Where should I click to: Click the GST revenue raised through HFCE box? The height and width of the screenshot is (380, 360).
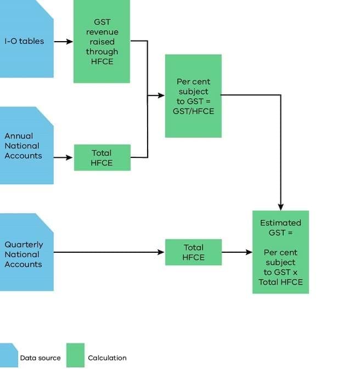click(x=102, y=42)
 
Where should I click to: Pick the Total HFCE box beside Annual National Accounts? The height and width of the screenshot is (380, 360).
click(x=102, y=158)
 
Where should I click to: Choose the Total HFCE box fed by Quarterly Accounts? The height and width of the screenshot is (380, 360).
click(x=193, y=252)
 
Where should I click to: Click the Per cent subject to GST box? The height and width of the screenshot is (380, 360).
click(x=193, y=96)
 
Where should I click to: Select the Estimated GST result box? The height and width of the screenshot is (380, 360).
click(x=280, y=252)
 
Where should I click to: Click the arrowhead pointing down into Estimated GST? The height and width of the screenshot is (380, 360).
click(x=280, y=207)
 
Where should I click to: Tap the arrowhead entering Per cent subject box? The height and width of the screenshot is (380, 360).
click(x=161, y=95)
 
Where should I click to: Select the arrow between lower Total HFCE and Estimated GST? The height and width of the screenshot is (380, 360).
click(x=237, y=252)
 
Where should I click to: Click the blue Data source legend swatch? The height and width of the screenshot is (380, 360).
click(x=8, y=355)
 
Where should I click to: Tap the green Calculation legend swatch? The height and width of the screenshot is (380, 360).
click(x=75, y=355)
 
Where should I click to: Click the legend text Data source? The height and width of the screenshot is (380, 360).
click(x=40, y=358)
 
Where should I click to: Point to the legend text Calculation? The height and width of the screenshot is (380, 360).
click(x=107, y=358)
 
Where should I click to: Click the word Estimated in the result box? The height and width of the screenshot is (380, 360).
click(x=280, y=223)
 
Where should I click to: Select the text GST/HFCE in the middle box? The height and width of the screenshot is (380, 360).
click(x=193, y=111)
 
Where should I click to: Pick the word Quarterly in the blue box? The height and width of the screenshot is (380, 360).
click(x=24, y=245)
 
